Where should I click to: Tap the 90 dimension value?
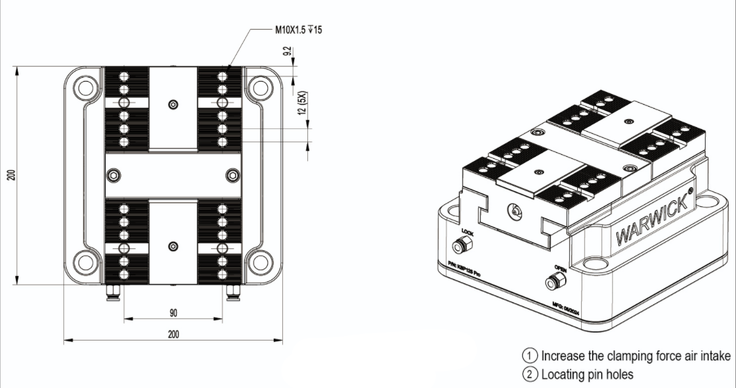click(173, 312)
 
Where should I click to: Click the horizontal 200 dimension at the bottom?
click(173, 334)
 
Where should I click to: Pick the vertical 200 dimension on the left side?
click(11, 175)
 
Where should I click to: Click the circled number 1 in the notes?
click(530, 356)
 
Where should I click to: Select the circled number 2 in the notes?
click(530, 375)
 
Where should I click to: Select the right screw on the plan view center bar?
click(231, 175)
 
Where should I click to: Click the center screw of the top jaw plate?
click(173, 105)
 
